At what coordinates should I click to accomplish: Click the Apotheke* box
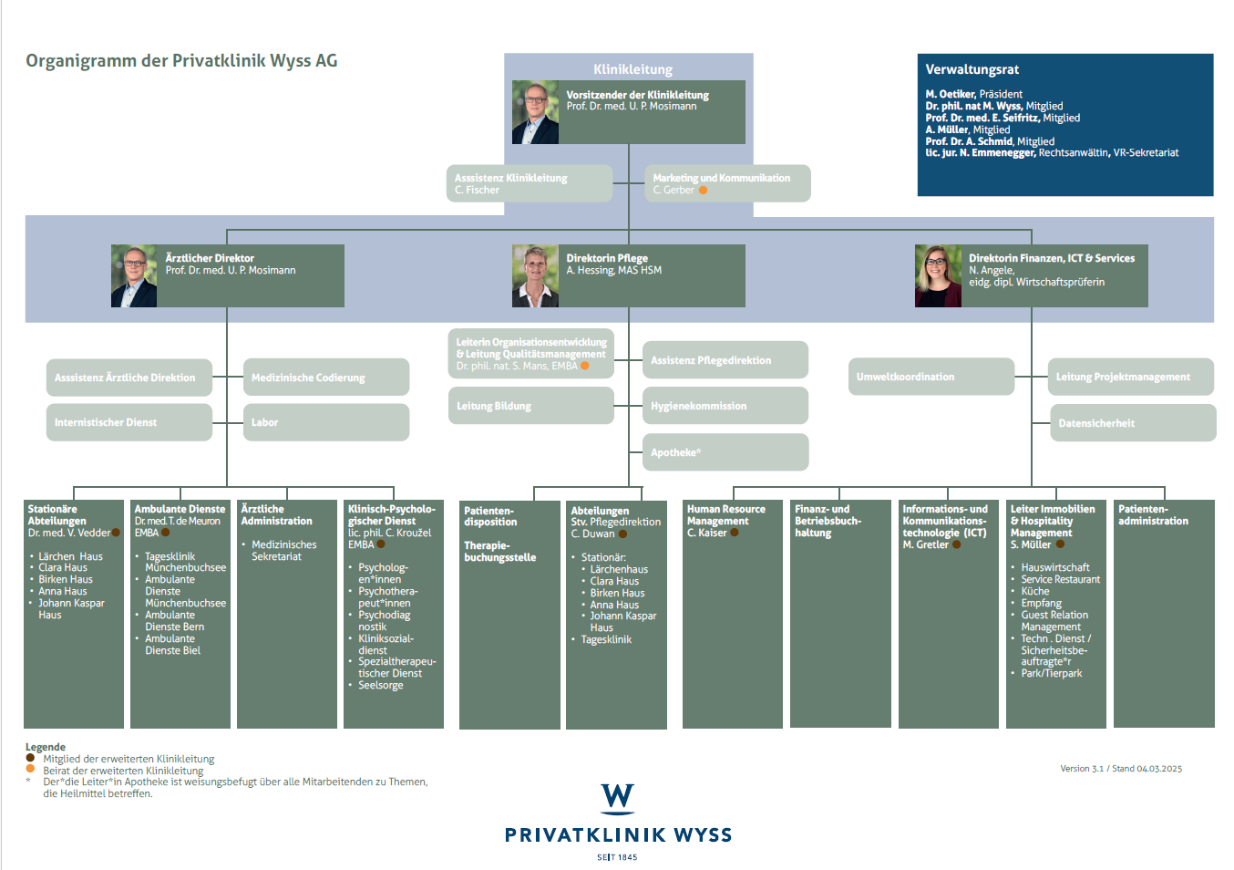point(725,452)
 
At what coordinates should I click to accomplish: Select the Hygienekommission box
point(725,406)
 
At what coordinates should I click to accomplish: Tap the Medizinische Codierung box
point(326,378)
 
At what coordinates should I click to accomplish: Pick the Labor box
point(326,422)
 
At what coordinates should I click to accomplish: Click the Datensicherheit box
point(1133,423)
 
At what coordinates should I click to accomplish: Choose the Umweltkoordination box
point(931,377)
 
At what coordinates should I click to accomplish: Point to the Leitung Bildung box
point(531,406)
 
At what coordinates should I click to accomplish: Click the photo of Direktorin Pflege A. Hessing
point(535,275)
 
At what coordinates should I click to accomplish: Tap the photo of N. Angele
point(938,275)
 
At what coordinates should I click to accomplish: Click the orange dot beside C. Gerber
point(703,191)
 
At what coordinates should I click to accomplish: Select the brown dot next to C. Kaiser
point(735,533)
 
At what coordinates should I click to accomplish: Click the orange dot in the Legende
point(30,769)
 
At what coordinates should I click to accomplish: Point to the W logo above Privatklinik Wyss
point(618,799)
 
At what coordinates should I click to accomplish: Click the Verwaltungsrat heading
point(972,69)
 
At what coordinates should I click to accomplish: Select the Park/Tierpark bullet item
point(1051,673)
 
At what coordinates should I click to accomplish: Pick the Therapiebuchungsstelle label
point(499,552)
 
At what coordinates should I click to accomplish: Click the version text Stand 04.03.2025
point(1147,769)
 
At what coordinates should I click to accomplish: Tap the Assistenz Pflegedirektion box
point(725,360)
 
